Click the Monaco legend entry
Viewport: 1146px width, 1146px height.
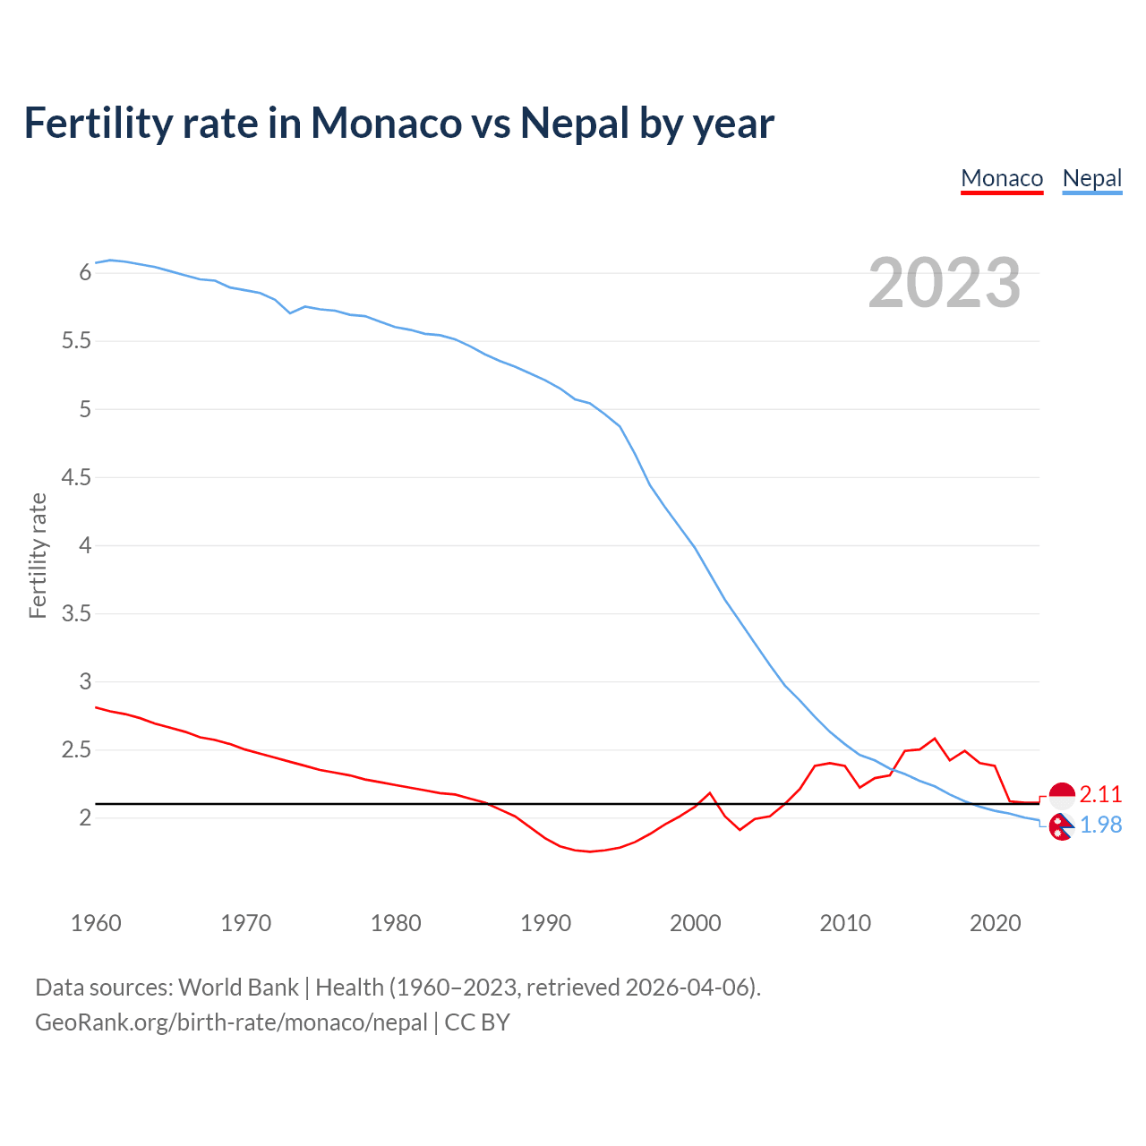tap(1002, 179)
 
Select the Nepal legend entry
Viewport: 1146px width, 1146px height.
tap(1091, 179)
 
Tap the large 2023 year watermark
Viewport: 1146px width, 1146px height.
tap(944, 283)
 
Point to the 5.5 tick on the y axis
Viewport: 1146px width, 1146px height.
tap(75, 341)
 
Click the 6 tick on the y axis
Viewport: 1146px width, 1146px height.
tap(85, 273)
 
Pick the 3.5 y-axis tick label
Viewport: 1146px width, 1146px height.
tap(75, 614)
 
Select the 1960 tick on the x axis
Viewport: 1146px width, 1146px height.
tap(96, 923)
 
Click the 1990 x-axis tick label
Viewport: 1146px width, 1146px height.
tap(545, 923)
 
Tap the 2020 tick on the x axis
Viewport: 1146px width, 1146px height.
tap(995, 923)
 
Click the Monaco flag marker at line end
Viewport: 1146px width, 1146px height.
tap(1062, 794)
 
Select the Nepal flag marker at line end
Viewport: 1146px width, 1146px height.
tap(1062, 827)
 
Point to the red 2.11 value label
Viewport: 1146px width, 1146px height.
tap(1100, 794)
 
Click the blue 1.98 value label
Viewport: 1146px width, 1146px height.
tap(1100, 825)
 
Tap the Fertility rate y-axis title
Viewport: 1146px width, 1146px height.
tap(38, 555)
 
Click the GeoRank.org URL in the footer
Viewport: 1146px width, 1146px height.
tap(231, 1022)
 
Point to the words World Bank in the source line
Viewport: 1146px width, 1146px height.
tap(238, 988)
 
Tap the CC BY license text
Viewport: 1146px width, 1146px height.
tap(477, 1022)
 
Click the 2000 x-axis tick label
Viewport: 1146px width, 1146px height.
tap(695, 923)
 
